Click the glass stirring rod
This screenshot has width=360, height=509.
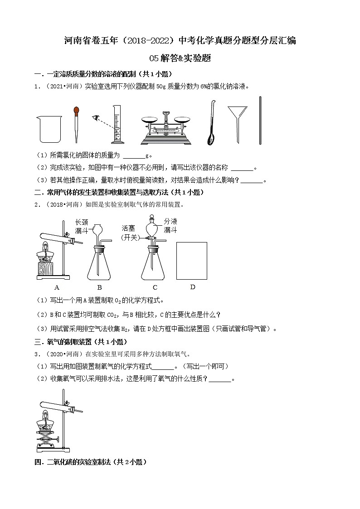(260, 120)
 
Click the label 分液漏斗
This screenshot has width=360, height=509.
(170, 225)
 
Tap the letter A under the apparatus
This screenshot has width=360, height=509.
(57, 287)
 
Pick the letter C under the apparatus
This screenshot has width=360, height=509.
(155, 287)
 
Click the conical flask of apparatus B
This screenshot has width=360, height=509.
(100, 265)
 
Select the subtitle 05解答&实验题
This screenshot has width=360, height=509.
(180, 58)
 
